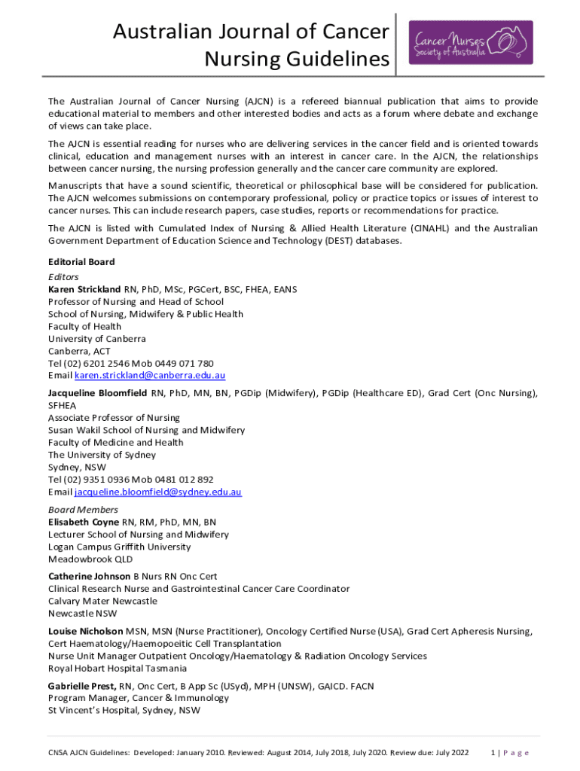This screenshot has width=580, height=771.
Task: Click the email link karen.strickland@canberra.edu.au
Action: tap(150, 375)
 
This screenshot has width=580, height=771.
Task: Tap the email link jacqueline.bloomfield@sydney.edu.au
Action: tap(157, 492)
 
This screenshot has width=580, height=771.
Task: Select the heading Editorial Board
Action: tap(81, 262)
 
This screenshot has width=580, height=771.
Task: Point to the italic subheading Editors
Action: tap(63, 277)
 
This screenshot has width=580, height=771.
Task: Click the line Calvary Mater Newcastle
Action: tap(102, 601)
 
